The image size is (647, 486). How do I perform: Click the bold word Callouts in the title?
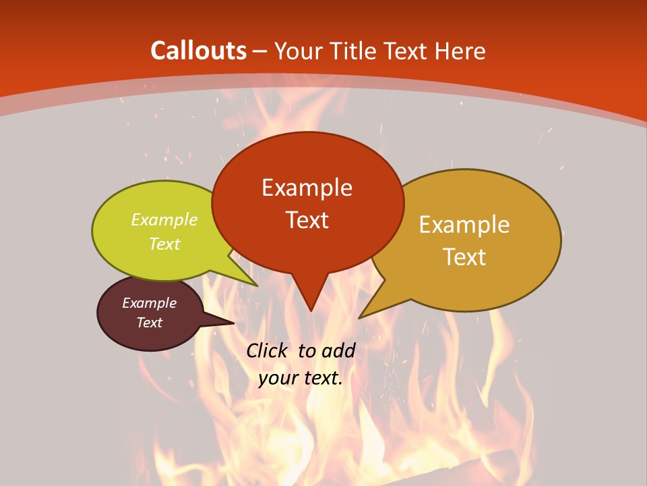click(198, 51)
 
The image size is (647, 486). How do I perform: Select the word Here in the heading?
click(461, 51)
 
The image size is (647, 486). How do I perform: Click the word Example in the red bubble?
click(307, 188)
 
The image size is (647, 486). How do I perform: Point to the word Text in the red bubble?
click(307, 220)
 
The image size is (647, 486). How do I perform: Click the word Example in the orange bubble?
click(464, 225)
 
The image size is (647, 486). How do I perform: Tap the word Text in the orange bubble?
click(464, 257)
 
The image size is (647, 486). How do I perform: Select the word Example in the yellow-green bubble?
click(164, 219)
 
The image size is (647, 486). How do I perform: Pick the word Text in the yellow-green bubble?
click(164, 244)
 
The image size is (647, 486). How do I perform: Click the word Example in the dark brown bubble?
click(149, 303)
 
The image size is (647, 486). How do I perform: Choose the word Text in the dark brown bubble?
click(149, 323)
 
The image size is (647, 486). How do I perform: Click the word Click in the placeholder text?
click(268, 350)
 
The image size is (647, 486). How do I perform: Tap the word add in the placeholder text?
click(338, 350)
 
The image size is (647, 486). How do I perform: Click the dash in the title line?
click(260, 51)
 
